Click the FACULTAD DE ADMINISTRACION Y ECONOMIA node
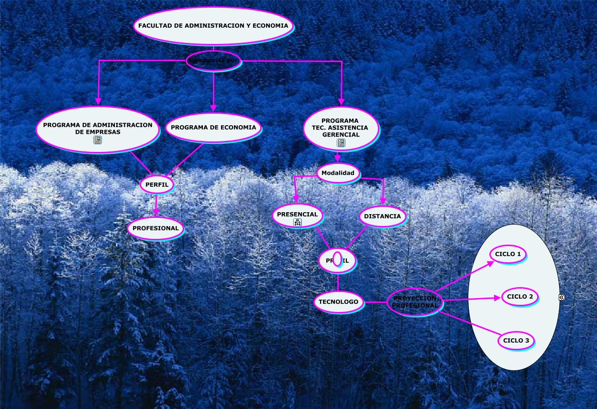[213, 26]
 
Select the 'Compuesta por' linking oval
[213, 61]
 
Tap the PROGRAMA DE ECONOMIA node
[213, 128]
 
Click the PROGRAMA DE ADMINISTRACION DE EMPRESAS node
[98, 128]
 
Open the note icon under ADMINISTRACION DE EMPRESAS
[98, 140]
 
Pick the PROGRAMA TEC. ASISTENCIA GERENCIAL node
[341, 128]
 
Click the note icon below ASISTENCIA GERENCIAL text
[341, 142]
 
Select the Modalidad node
[338, 173]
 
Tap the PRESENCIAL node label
[297, 214]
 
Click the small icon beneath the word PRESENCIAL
[298, 222]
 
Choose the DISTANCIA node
[382, 216]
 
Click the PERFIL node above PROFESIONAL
[156, 184]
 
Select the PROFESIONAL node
[155, 228]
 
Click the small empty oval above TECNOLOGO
[337, 258]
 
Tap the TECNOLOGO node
[338, 301]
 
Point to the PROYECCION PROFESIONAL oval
[415, 302]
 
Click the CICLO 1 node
[508, 254]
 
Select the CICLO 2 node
[520, 297]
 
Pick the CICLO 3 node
[516, 341]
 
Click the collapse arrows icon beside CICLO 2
[562, 297]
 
